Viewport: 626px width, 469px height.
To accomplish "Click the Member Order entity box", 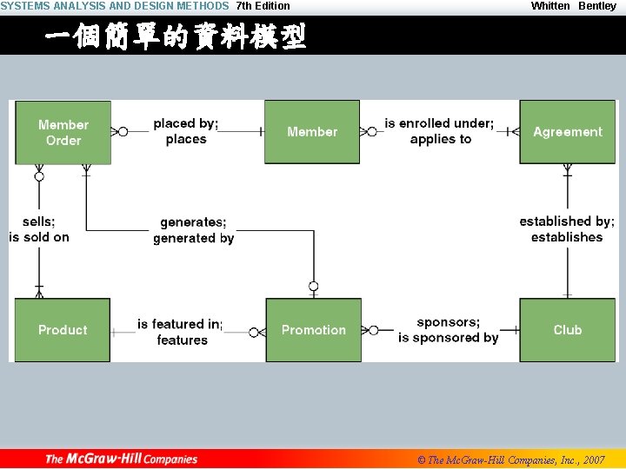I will tap(63, 132).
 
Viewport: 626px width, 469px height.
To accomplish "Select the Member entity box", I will tap(311, 132).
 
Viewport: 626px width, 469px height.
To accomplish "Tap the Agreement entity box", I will tap(567, 132).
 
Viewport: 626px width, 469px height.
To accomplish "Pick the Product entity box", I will tap(63, 330).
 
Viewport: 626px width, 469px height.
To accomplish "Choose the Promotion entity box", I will tap(313, 330).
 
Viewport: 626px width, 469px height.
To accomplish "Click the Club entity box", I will tap(567, 330).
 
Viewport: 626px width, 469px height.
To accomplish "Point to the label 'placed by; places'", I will tap(186, 131).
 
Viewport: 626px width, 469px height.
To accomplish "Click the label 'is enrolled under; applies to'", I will tap(440, 131).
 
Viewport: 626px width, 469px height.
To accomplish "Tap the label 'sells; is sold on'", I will tap(39, 229).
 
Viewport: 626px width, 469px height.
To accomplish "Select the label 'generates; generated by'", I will tap(193, 230).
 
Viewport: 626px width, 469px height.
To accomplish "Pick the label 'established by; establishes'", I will tap(567, 229).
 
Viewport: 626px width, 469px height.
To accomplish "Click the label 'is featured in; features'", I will tap(181, 332).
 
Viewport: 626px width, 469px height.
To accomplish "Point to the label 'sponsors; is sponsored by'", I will tap(448, 330).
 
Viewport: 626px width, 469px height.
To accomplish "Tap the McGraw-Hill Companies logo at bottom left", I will tap(122, 459).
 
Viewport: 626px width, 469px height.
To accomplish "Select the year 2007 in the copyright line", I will tap(595, 459).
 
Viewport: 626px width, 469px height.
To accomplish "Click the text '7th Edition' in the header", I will tap(263, 6).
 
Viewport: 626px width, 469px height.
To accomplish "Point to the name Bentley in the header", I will tap(597, 6).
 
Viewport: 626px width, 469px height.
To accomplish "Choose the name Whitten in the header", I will tap(550, 6).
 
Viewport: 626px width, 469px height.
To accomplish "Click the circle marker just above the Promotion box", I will tap(313, 287).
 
